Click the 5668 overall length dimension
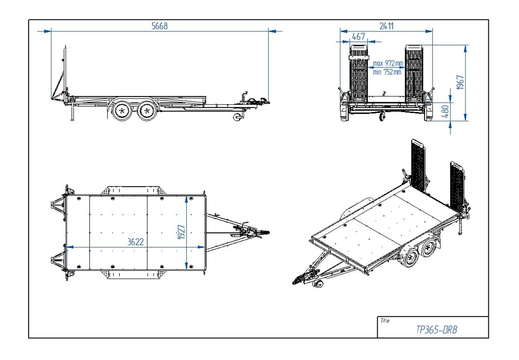click(x=159, y=26)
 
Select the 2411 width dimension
click(x=386, y=26)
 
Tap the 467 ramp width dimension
click(x=358, y=37)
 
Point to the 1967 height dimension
click(x=461, y=82)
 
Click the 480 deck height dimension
click(x=445, y=112)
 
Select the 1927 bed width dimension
click(x=181, y=232)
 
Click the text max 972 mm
click(x=388, y=64)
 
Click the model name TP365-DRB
click(x=436, y=330)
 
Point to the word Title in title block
click(x=385, y=321)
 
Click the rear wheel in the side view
click(x=122, y=111)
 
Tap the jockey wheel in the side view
click(x=237, y=117)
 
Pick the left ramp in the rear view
click(x=358, y=74)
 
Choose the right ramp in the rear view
click(x=413, y=74)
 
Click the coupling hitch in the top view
click(x=259, y=233)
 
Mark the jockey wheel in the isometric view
click(x=319, y=284)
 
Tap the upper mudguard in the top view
click(x=132, y=191)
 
